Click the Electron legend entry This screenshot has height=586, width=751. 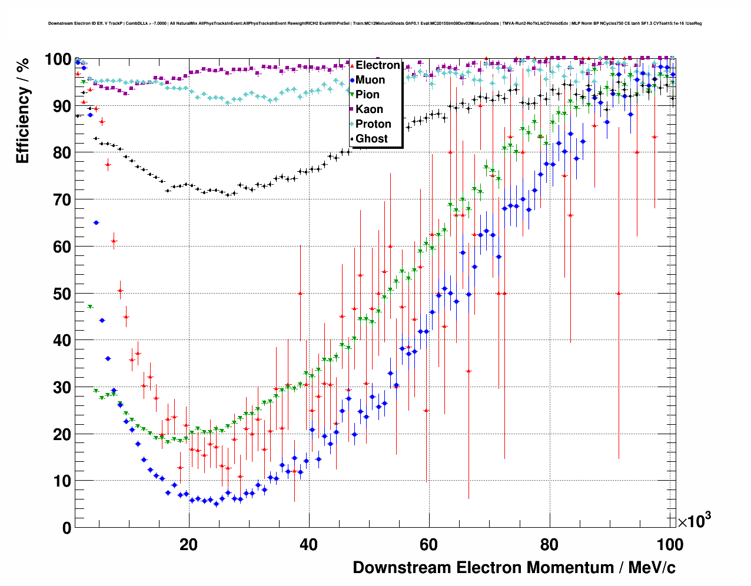(x=377, y=65)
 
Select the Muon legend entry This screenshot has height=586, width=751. (x=370, y=80)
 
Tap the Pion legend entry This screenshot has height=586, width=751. (x=367, y=95)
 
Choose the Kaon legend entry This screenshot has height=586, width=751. (x=369, y=109)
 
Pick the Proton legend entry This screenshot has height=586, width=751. (x=373, y=124)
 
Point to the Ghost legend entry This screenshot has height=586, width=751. (x=371, y=139)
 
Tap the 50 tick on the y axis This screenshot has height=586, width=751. (x=62, y=294)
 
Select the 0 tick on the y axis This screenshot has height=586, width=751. (x=67, y=528)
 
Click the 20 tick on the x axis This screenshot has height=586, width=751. (x=188, y=544)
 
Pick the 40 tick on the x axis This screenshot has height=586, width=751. (x=308, y=544)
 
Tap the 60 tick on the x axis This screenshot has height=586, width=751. (x=429, y=544)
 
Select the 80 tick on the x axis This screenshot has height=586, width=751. (x=549, y=544)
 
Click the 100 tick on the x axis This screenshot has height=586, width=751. (x=670, y=544)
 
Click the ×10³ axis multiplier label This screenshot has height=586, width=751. (x=694, y=521)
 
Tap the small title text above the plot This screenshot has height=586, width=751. (x=375, y=24)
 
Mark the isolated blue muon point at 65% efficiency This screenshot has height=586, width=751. (x=96, y=222)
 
